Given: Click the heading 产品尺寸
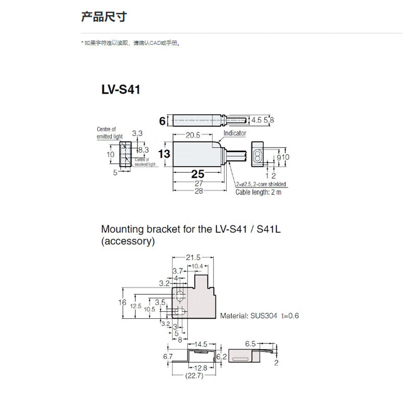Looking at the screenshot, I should (x=104, y=18).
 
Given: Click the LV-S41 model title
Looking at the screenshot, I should (x=121, y=90).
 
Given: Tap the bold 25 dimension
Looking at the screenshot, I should (x=197, y=175).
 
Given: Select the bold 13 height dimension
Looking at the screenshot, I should (x=165, y=154).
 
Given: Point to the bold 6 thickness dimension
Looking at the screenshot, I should (x=162, y=121).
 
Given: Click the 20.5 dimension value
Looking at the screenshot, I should (x=193, y=135).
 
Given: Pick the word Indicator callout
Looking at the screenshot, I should (x=235, y=133).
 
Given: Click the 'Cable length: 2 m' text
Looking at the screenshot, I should (x=258, y=192).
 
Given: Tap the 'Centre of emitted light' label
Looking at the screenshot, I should (x=109, y=132).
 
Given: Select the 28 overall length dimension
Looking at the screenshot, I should (x=198, y=191).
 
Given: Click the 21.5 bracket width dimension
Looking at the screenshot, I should (x=195, y=257).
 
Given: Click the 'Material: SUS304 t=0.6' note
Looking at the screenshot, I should (x=259, y=316).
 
